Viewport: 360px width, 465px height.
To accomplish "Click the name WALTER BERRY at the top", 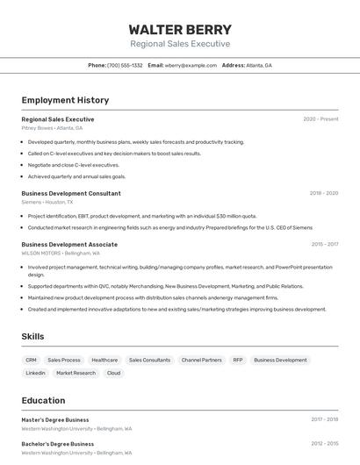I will tap(180, 29).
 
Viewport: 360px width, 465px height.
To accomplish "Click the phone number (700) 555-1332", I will tap(125, 65).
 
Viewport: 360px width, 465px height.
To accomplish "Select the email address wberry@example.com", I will tap(191, 65).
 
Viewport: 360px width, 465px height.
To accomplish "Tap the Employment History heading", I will tap(65, 100).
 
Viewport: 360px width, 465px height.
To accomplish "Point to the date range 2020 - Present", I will tap(320, 119).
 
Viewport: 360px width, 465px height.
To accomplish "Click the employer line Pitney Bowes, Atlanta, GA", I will tap(52, 128).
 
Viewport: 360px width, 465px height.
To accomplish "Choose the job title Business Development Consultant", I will tap(71, 193).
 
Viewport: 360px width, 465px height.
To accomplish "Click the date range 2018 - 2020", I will tap(323, 193).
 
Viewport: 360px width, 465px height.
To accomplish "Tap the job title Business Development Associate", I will tap(69, 245).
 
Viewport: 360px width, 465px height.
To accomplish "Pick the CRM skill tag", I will tap(31, 360).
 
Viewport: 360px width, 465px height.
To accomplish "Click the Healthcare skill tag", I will tap(104, 360).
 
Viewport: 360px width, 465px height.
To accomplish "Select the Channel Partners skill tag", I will tap(201, 360).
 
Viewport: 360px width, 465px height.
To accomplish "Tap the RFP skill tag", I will tap(237, 360).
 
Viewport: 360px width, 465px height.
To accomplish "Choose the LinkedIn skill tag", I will tap(35, 373).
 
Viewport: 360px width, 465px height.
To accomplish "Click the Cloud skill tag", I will tap(113, 373).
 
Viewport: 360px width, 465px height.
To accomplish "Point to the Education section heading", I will tap(43, 400).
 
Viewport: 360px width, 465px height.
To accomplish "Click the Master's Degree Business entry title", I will tap(55, 419).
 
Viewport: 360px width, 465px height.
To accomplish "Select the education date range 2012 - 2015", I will tap(324, 444).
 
